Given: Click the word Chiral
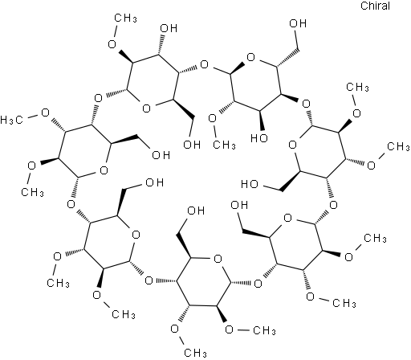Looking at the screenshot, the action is (x=375, y=6).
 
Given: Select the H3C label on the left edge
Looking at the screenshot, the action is (x=11, y=120).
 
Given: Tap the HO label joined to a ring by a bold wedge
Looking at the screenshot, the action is (x=259, y=138).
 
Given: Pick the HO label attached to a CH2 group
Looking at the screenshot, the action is (x=250, y=184).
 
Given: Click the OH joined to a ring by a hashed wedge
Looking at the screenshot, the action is (x=169, y=28).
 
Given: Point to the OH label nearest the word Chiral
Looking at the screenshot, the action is (x=298, y=23).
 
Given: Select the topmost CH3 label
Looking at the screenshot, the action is (x=125, y=18).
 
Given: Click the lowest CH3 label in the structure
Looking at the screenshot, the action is (x=196, y=353).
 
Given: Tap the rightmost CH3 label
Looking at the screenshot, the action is (x=398, y=146).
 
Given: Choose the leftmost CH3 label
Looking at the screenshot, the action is (x=32, y=192).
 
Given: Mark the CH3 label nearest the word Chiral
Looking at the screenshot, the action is (x=357, y=87).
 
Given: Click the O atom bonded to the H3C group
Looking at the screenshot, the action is (x=45, y=112).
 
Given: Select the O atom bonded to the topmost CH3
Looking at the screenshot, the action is (x=112, y=44).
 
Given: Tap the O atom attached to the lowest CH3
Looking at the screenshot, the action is (x=175, y=329).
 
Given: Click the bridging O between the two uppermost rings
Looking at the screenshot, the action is (x=204, y=64).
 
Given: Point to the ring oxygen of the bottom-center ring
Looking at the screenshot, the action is (x=218, y=259).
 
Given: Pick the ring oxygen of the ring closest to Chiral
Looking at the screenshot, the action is (x=250, y=57).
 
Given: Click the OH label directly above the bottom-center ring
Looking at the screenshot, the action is (x=196, y=211).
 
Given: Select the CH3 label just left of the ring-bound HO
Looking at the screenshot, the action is (x=224, y=145).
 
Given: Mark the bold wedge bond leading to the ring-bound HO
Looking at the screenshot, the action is (x=260, y=122).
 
